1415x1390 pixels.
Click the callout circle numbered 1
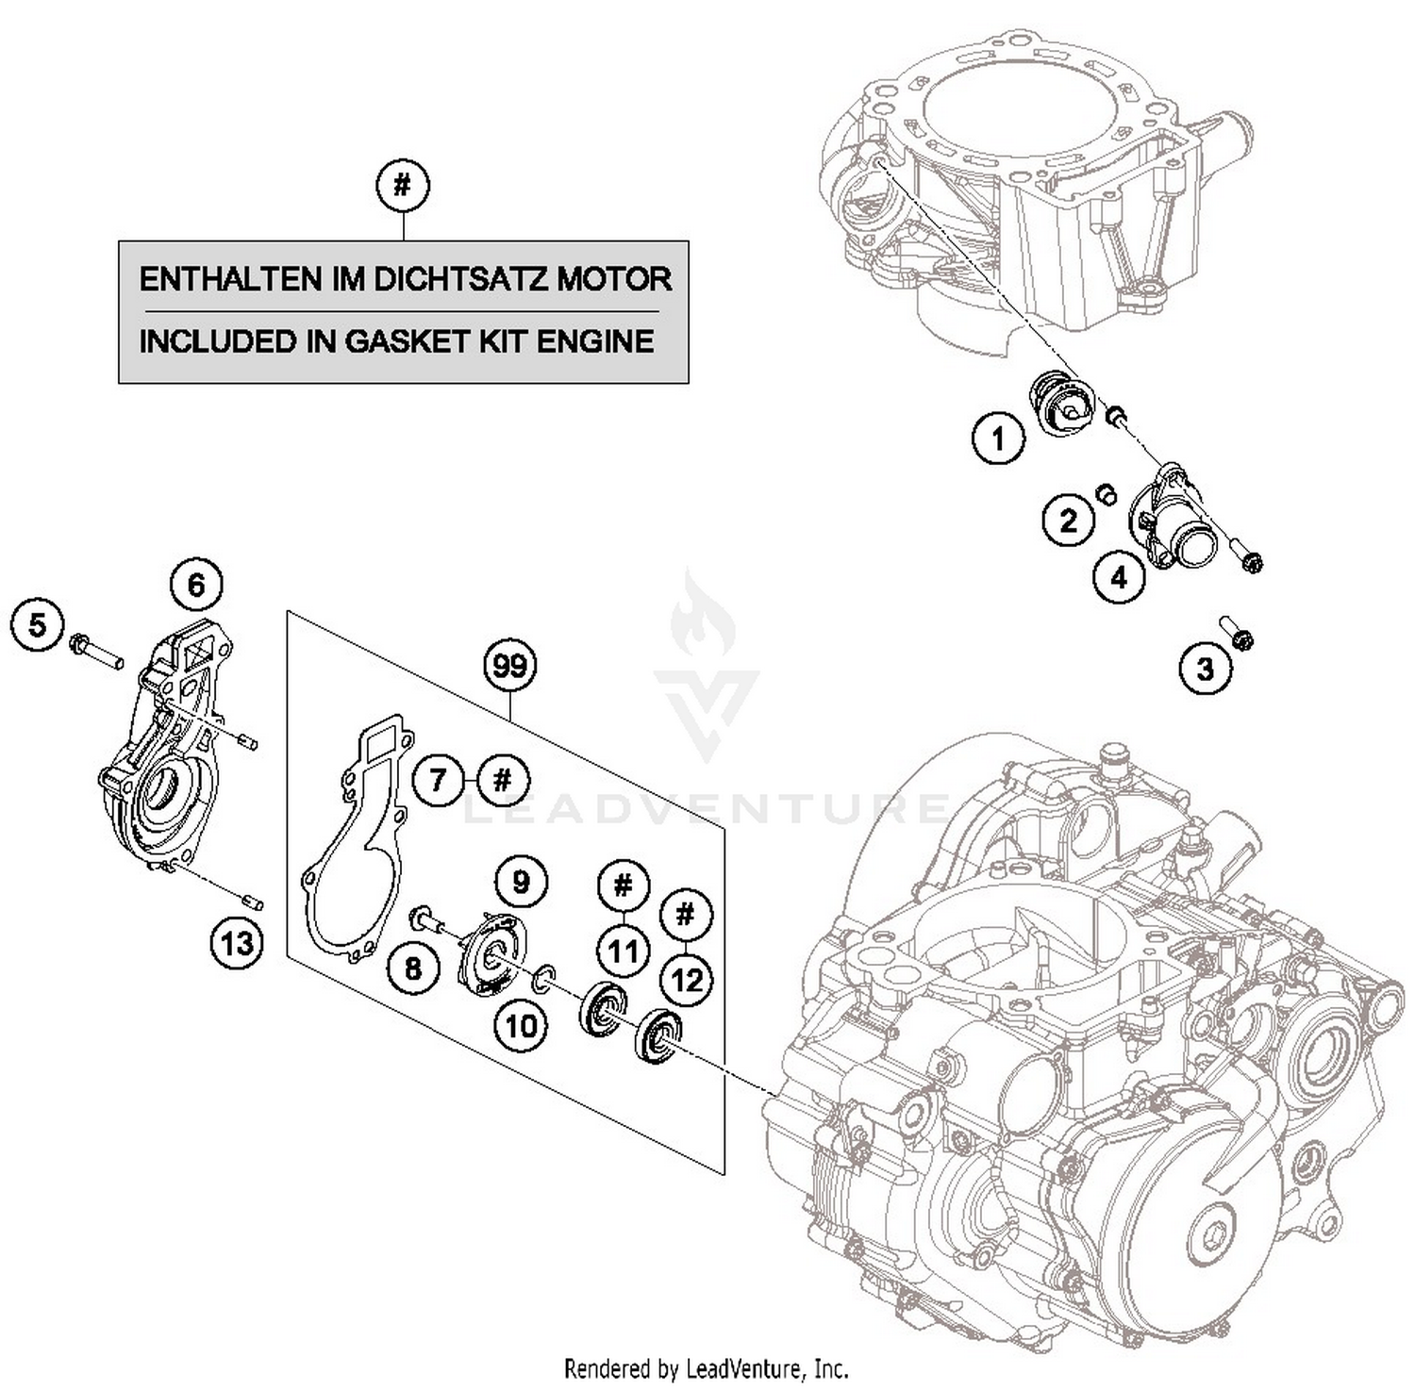[998, 439]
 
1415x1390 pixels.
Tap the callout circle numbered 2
[1068, 520]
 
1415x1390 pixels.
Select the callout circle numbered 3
[1205, 669]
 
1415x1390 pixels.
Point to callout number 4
[1119, 576]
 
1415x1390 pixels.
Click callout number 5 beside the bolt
[38, 624]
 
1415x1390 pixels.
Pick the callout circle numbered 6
[195, 585]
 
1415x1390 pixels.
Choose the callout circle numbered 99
[509, 666]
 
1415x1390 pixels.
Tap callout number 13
[236, 942]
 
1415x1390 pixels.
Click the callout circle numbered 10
[521, 1025]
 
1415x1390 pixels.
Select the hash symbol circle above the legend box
[403, 186]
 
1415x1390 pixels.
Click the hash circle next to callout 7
[503, 780]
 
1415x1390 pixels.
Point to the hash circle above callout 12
[686, 914]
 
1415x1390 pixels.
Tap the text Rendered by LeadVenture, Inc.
[706, 1367]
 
